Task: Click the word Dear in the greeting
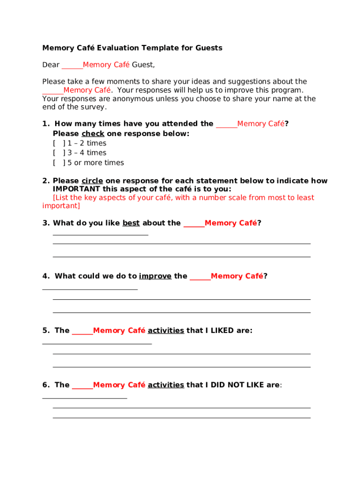pos(51,65)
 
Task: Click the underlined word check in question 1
pos(93,133)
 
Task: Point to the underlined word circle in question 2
pos(92,181)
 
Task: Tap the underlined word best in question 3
pos(131,223)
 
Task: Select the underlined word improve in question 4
pos(155,276)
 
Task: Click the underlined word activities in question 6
pos(166,385)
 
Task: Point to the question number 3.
pos(45,223)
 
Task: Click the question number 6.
pos(45,385)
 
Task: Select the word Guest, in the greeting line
pos(143,65)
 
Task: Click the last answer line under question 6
pos(181,418)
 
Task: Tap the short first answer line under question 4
pos(90,290)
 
